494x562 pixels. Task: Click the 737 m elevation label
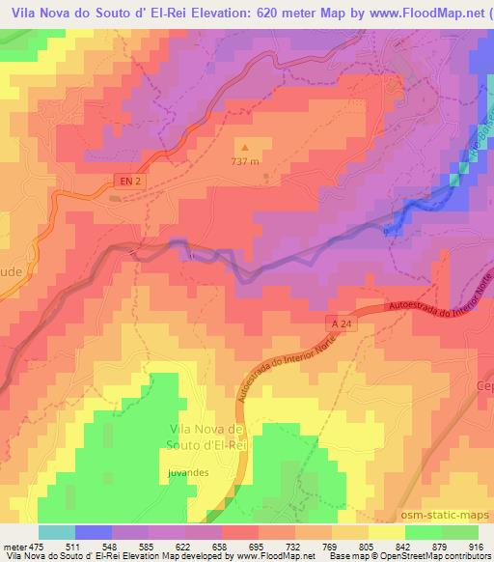(245, 162)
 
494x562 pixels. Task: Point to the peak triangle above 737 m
(243, 148)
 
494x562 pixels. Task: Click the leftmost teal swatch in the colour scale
(57, 532)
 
